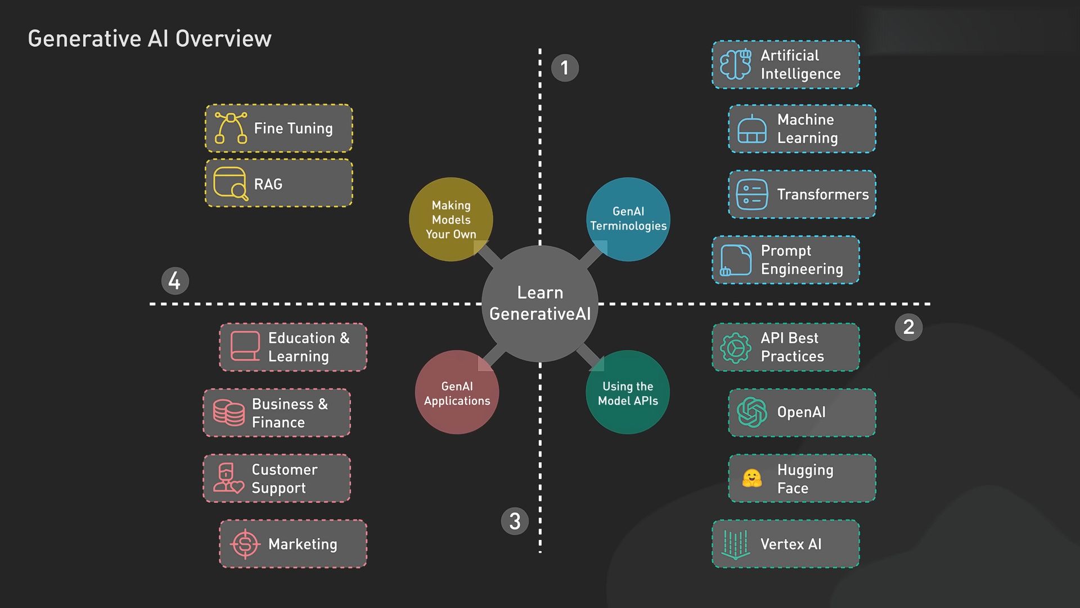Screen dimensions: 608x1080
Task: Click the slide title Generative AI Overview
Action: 150,39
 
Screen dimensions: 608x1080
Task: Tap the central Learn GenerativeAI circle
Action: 540,303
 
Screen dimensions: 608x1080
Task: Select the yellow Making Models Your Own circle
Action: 451,219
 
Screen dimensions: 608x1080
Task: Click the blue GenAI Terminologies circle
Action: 628,219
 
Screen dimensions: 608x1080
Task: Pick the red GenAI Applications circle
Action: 457,392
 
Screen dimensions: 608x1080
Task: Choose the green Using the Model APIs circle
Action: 628,392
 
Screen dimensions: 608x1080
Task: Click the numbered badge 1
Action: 565,68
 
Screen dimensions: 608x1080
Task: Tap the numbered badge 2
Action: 908,327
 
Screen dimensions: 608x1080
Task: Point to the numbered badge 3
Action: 515,521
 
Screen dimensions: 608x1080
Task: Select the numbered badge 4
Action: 174,280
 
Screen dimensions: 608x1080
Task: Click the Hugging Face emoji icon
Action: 752,479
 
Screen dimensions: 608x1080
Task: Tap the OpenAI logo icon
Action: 752,413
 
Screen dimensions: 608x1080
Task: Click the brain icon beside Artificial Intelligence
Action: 736,65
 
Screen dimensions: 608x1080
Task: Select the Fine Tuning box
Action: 279,128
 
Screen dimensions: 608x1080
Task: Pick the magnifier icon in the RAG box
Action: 240,191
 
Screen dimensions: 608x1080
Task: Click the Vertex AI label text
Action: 791,544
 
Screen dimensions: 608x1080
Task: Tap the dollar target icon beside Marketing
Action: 245,544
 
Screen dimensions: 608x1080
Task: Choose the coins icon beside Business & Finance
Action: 229,413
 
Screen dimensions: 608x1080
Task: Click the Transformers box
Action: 802,194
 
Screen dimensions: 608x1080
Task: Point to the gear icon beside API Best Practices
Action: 736,347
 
